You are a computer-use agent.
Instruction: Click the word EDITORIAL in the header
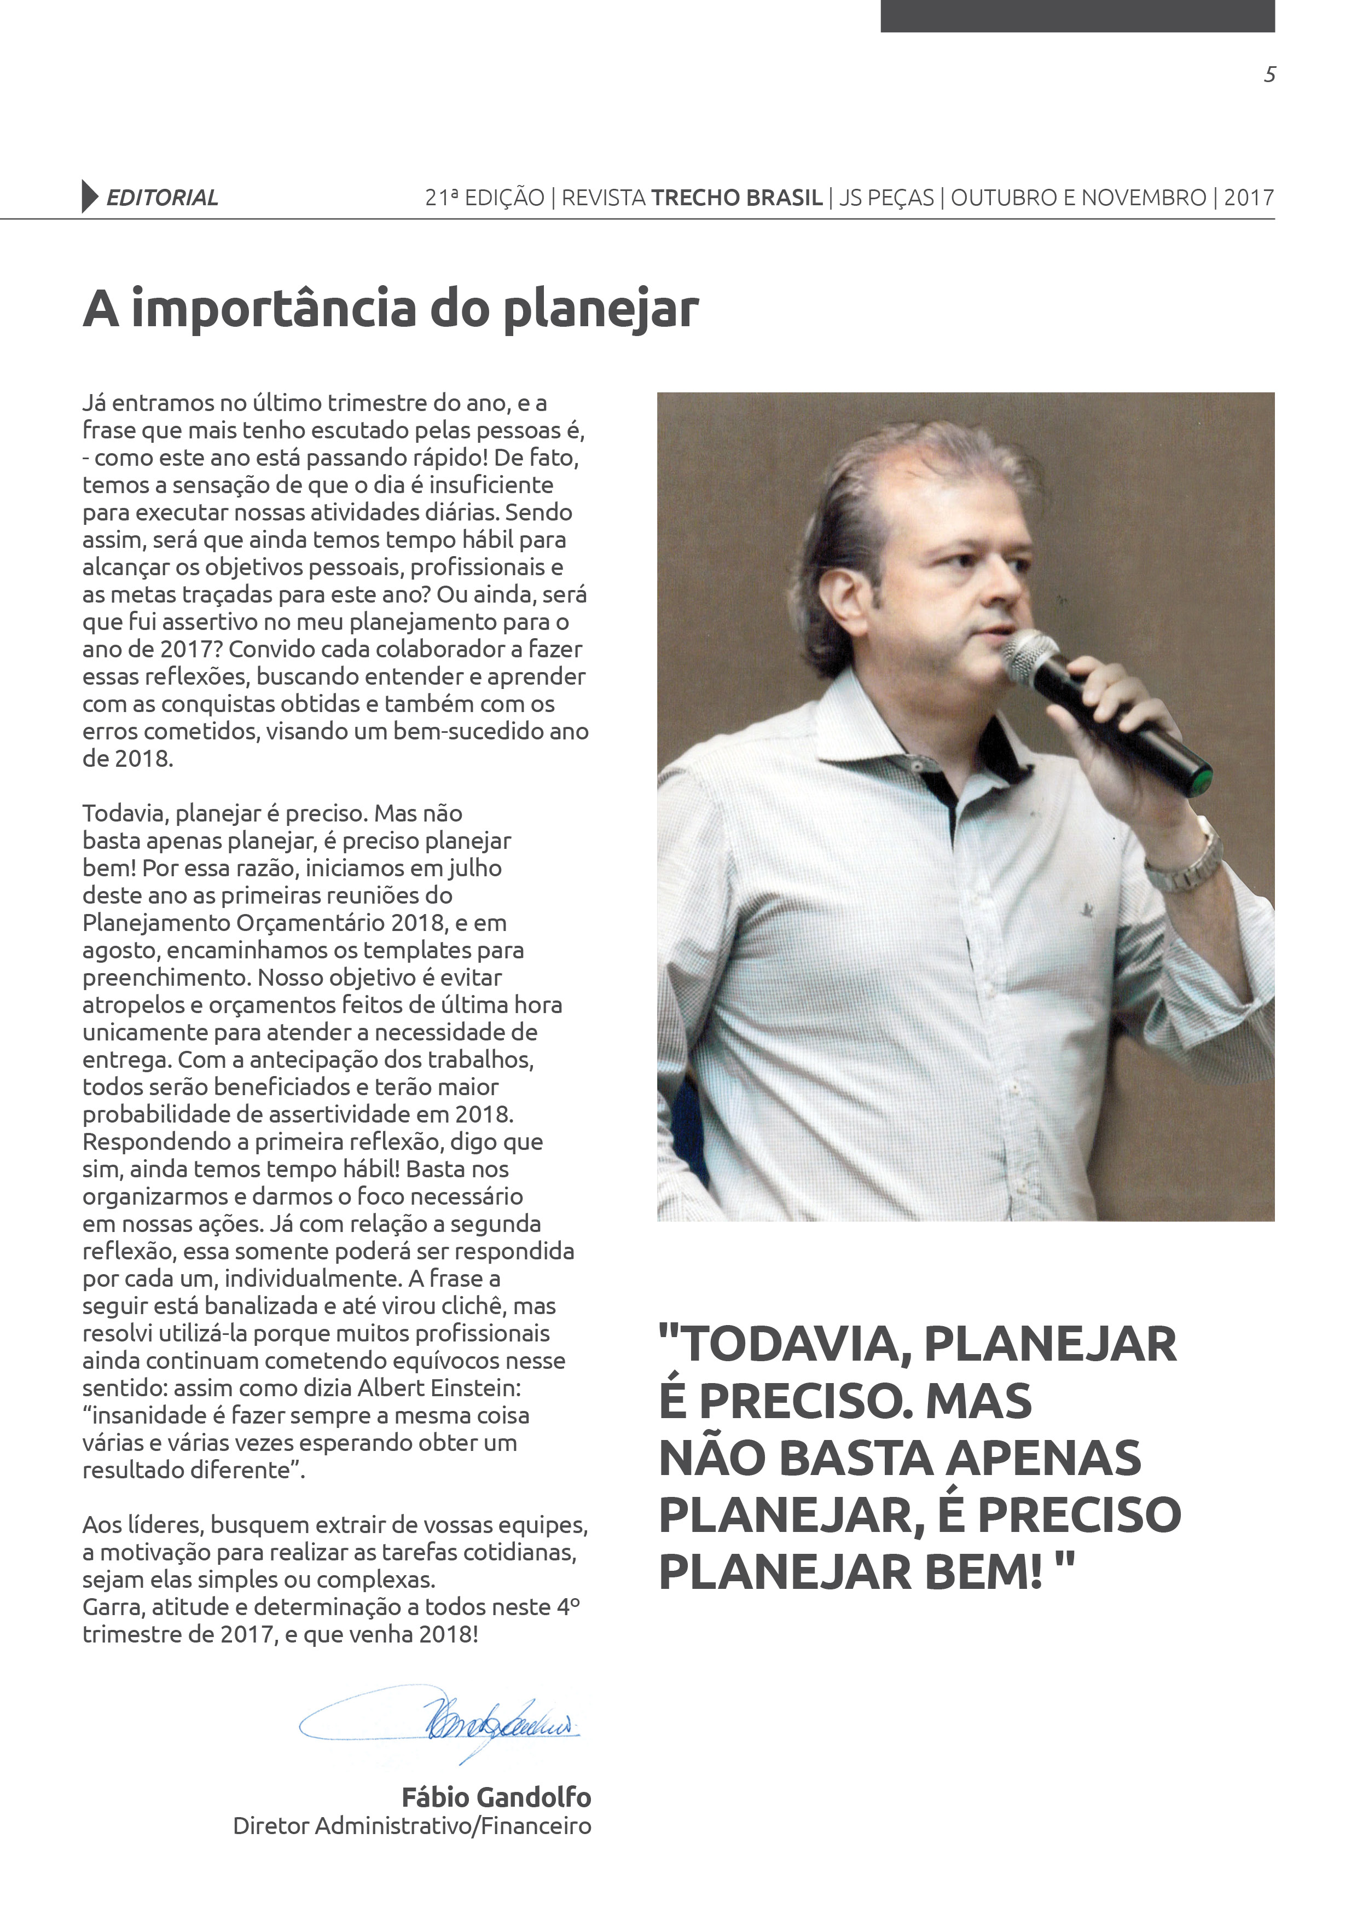162,198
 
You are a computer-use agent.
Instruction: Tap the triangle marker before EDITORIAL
89,196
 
